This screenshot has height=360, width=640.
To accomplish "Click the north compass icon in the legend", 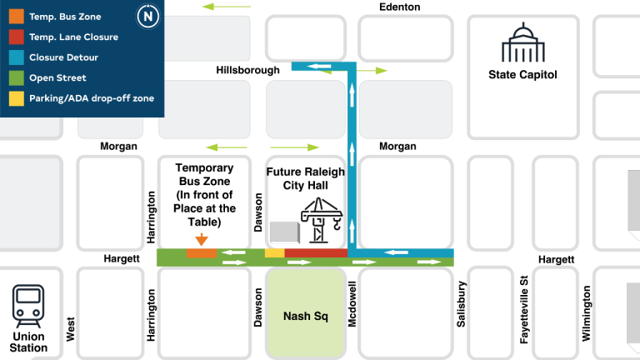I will pyautogui.click(x=148, y=16).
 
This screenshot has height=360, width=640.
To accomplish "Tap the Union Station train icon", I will pyautogui.click(x=29, y=305).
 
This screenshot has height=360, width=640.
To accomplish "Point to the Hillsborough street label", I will pyautogui.click(x=247, y=70).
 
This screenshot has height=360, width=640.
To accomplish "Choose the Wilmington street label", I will pyautogui.click(x=587, y=313).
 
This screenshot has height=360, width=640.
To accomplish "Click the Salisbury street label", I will pyautogui.click(x=461, y=303).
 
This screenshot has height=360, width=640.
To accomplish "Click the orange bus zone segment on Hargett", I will pyautogui.click(x=201, y=252).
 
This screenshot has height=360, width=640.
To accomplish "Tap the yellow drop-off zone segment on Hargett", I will pyautogui.click(x=274, y=252).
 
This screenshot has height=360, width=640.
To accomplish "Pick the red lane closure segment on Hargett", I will pyautogui.click(x=316, y=252).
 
